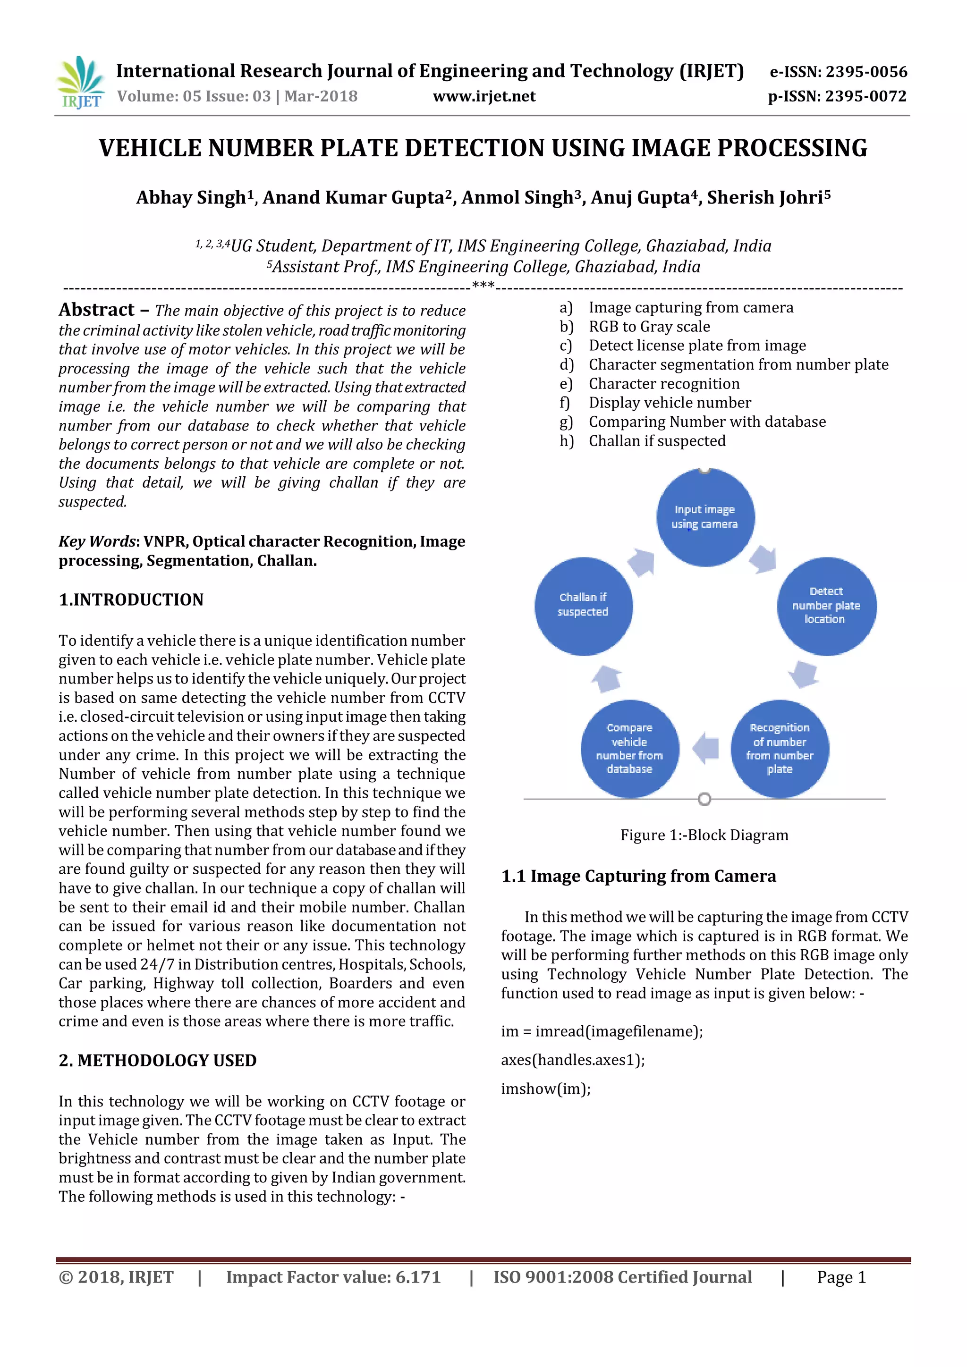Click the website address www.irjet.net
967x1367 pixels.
coord(483,96)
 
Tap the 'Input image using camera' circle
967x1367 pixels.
coord(705,517)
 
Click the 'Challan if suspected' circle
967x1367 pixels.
coord(583,606)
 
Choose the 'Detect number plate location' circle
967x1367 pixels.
coord(826,606)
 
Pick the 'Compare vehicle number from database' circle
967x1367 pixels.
coord(629,748)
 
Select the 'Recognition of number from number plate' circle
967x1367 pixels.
coord(780,748)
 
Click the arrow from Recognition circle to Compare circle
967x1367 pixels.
coord(705,748)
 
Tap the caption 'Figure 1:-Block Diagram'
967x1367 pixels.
coord(704,835)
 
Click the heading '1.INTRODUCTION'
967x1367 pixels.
coord(131,599)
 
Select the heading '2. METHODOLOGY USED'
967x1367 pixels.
coord(157,1060)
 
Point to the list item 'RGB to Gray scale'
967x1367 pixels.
coord(649,327)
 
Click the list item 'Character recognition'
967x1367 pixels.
coord(664,384)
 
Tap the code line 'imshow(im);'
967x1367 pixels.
coord(545,1089)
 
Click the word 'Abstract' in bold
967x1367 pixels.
coord(96,310)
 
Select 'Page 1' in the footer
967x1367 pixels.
coord(841,1277)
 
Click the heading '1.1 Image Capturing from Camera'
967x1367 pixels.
coord(638,877)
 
